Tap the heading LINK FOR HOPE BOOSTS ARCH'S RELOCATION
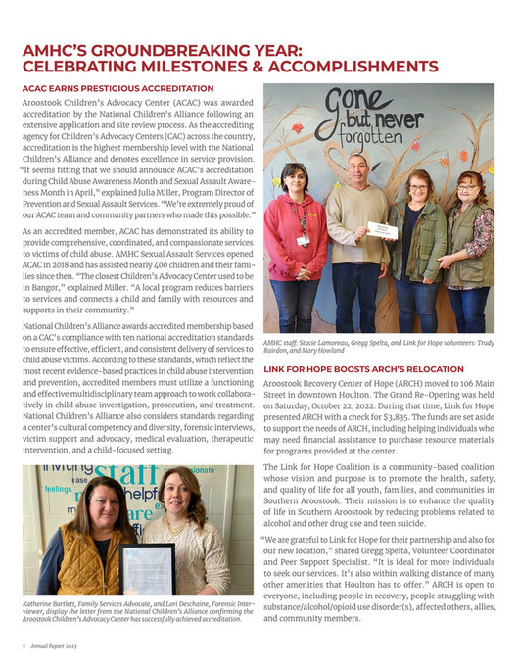point(359,369)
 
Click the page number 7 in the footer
point(23,648)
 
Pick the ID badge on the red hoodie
point(303,239)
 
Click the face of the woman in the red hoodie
point(299,179)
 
